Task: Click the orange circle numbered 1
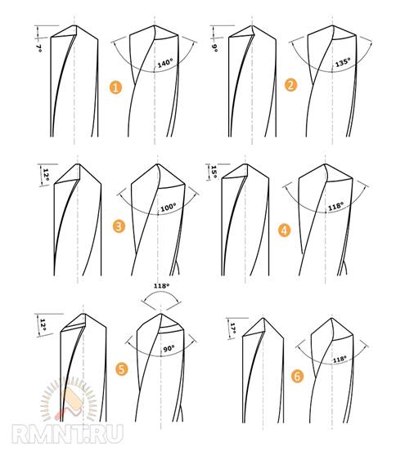(115, 87)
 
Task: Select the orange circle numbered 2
(290, 85)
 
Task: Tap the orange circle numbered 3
(119, 226)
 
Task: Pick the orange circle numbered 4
(285, 230)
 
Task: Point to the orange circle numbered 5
(122, 369)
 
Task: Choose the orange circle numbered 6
(297, 376)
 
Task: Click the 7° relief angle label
(38, 48)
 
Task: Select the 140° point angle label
(165, 63)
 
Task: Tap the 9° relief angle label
(214, 48)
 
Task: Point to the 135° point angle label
(343, 62)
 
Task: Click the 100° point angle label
(169, 208)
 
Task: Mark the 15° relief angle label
(214, 172)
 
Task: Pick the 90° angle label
(169, 348)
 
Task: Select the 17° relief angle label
(232, 329)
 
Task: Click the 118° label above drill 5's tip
(161, 286)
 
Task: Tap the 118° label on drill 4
(335, 206)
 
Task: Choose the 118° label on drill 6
(340, 359)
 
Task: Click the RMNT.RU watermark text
(68, 435)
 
